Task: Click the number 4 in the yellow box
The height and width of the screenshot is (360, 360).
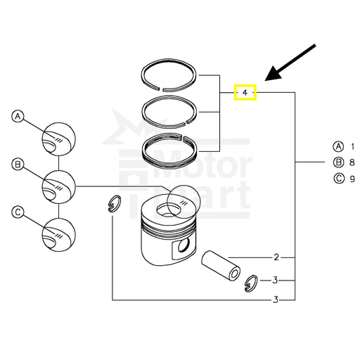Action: click(245, 93)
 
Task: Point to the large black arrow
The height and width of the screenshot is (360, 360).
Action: click(290, 63)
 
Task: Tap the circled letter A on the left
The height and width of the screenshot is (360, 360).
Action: click(18, 117)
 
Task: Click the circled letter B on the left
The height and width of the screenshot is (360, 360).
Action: click(18, 165)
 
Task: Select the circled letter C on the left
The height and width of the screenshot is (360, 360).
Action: click(18, 212)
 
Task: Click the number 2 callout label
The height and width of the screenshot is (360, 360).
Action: click(276, 257)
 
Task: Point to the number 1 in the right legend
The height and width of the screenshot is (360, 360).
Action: click(352, 147)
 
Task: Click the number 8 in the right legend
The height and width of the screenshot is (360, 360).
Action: click(352, 162)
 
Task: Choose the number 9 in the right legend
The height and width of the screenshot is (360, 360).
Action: click(352, 179)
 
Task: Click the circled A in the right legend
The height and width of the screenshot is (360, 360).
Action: click(338, 147)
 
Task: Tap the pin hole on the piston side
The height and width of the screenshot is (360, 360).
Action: click(184, 245)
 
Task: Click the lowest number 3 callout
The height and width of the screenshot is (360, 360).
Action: click(276, 300)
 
